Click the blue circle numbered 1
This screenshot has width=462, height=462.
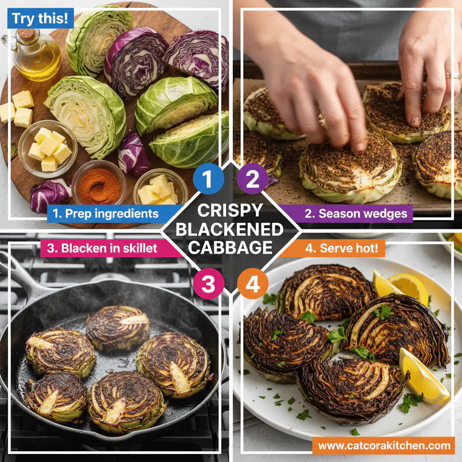208,180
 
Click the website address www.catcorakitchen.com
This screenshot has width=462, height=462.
384,446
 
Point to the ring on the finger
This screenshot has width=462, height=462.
453,75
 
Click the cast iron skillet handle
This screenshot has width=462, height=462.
18,275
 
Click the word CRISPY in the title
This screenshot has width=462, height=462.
230,211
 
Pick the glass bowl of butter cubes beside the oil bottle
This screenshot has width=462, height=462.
47,149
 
